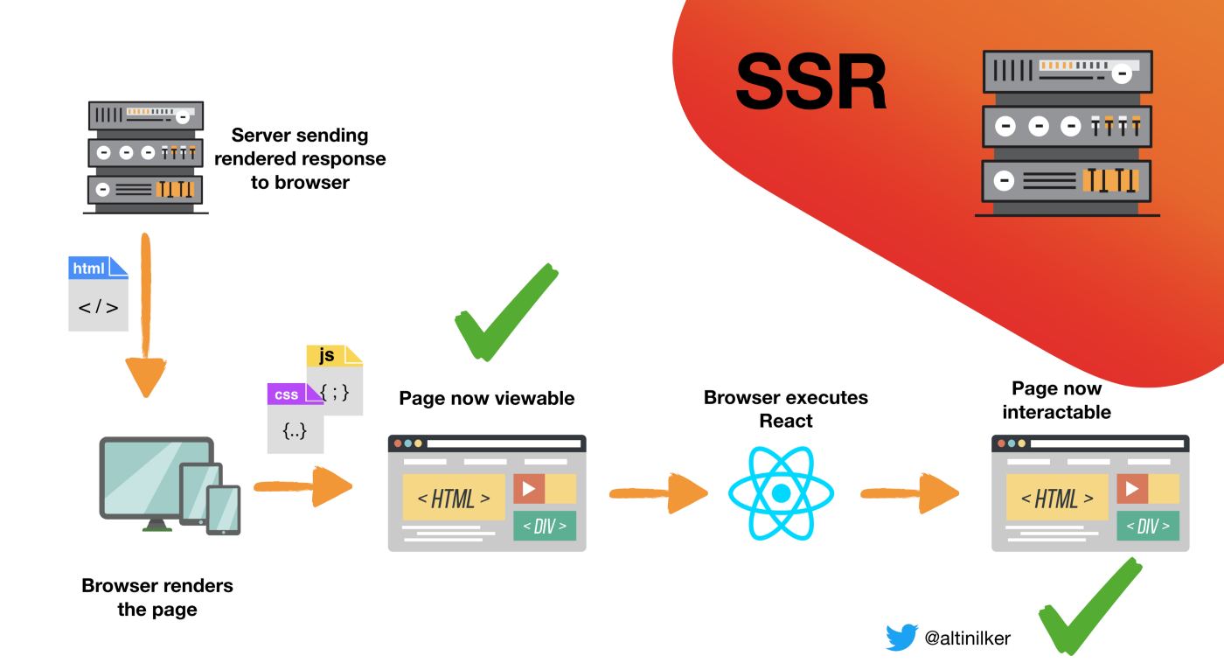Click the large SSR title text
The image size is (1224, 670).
coord(811,82)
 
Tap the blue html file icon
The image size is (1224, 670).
coord(98,294)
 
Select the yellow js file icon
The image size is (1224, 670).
coord(334,380)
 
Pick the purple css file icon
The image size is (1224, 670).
coord(296,418)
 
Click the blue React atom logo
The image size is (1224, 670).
coord(782,493)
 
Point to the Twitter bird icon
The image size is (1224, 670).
coord(901,637)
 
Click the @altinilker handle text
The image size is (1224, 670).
coord(967,638)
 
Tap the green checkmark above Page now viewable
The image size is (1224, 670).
coord(506,312)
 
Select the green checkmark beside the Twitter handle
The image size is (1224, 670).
coord(1091,606)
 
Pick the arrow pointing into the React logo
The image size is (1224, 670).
coord(659,493)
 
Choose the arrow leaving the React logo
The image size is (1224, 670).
coord(910,493)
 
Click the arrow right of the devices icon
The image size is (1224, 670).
coord(303,486)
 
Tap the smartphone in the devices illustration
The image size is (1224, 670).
coord(224,511)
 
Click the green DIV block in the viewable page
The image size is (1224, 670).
coord(545,526)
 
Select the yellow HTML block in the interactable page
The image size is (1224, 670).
coord(1057,498)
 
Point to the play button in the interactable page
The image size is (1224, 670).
coord(1132,489)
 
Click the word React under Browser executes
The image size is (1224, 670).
coord(786,421)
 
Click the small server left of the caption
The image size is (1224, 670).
coord(146,157)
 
